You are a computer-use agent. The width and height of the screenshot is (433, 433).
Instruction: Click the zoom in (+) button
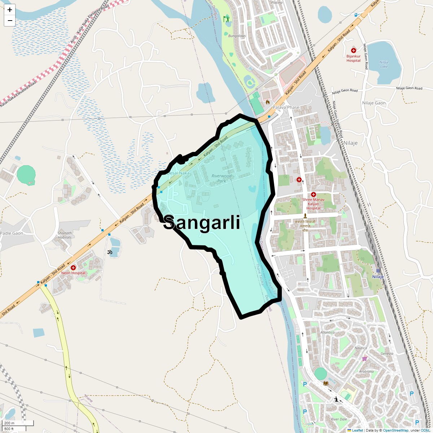10,10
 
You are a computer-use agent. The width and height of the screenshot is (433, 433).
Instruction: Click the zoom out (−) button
10,21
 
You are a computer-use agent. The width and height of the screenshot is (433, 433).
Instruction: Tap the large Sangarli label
202,223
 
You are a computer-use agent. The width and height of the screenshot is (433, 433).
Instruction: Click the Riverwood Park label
222,178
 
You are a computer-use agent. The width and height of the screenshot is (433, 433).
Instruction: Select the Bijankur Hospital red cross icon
354,51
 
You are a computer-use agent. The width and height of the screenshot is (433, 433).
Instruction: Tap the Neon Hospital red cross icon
73,268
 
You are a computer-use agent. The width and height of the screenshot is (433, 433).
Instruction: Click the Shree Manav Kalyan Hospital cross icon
313,194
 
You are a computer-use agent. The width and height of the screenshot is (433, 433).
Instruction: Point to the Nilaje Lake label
384,64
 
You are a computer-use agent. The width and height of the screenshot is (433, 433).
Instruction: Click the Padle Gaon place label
12,233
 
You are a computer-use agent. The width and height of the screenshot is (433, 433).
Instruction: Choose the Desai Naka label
178,173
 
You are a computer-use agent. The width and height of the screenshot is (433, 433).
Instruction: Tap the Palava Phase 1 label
286,110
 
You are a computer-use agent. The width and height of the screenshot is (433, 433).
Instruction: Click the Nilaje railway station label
378,277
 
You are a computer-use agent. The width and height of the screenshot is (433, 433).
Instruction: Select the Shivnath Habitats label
65,235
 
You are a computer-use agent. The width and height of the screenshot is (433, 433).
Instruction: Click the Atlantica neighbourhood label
327,332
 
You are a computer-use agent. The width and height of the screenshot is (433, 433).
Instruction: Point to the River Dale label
339,419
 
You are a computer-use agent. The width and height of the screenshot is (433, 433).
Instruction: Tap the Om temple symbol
110,252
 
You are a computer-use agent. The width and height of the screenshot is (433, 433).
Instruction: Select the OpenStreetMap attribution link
395,430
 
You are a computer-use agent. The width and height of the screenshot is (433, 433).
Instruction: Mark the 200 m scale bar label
9,423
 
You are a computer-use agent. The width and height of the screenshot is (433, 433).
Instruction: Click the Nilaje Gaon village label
374,103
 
